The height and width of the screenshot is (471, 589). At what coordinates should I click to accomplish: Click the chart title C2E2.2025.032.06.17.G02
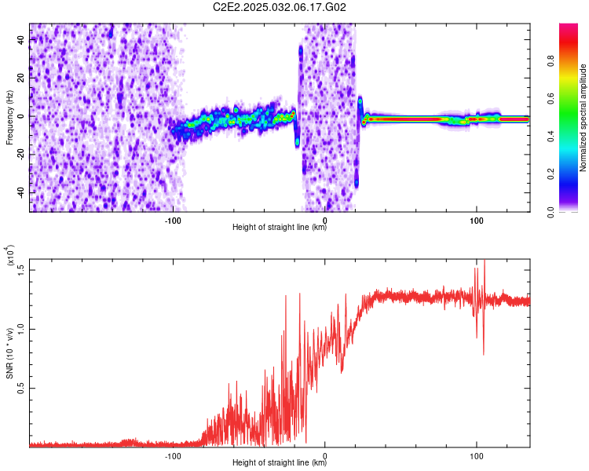pyautogui.click(x=279, y=7)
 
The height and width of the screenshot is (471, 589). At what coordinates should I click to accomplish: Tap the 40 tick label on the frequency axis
pyautogui.click(x=21, y=39)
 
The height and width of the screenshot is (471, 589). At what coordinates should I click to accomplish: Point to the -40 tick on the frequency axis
pyautogui.click(x=21, y=192)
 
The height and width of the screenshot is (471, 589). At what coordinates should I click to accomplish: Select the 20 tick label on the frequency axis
pyautogui.click(x=21, y=78)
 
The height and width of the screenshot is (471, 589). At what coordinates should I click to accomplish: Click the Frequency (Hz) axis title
pyautogui.click(x=9, y=117)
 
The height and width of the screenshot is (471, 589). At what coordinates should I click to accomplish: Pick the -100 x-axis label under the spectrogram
pyautogui.click(x=173, y=221)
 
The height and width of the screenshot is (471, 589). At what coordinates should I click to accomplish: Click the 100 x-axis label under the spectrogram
pyautogui.click(x=477, y=221)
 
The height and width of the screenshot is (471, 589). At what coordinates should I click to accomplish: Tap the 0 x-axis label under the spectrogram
pyautogui.click(x=325, y=221)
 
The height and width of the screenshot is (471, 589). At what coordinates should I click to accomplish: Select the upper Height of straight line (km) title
pyautogui.click(x=279, y=227)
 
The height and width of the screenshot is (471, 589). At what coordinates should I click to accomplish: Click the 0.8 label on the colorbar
pyautogui.click(x=551, y=61)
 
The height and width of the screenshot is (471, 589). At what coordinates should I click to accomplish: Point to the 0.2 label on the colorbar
pyautogui.click(x=551, y=174)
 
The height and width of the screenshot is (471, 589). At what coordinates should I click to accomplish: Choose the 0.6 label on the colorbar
pyautogui.click(x=551, y=99)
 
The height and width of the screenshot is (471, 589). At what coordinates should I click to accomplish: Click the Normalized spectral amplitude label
pyautogui.click(x=583, y=117)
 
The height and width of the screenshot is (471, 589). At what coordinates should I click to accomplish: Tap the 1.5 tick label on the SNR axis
pyautogui.click(x=21, y=270)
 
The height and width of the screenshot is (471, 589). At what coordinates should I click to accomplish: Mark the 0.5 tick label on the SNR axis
pyautogui.click(x=21, y=388)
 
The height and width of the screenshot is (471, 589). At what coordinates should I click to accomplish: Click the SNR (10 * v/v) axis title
pyautogui.click(x=9, y=353)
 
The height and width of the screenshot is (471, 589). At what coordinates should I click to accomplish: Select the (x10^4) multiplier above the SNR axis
pyautogui.click(x=10, y=255)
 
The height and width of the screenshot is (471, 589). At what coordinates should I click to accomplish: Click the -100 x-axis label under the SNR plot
pyautogui.click(x=173, y=456)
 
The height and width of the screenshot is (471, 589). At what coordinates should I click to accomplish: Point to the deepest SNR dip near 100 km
pyautogui.click(x=484, y=354)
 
